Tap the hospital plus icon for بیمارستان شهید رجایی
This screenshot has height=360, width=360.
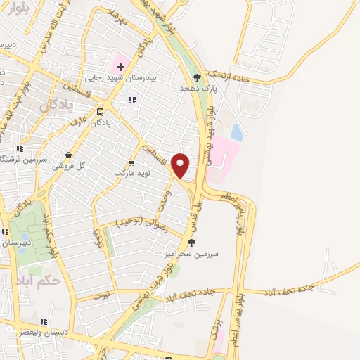pos(120,67)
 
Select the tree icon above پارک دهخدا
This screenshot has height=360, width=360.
pos(197,77)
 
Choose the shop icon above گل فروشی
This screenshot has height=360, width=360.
pos(68,155)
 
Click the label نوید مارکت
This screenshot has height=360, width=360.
pos(132,172)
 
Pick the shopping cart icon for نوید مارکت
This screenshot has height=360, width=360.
pos(131,162)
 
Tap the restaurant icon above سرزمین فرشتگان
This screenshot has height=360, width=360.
pos(20,148)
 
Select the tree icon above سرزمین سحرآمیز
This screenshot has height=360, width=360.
pos(192,243)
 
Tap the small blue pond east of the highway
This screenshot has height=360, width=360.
pos(236,131)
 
